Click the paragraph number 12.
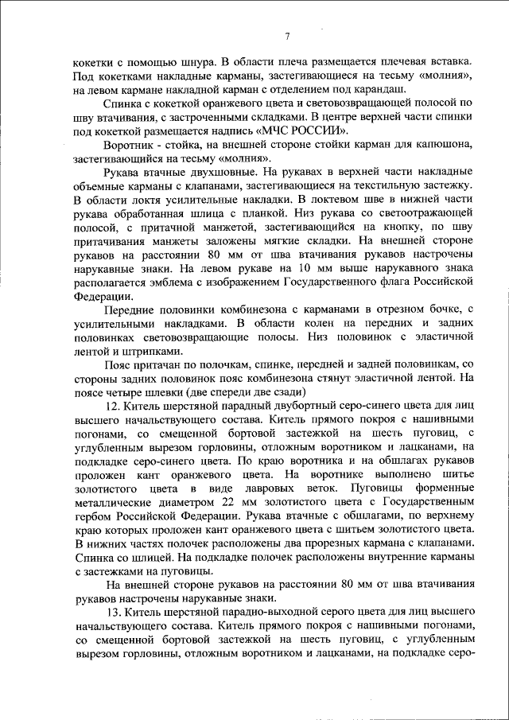coord(111,406)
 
